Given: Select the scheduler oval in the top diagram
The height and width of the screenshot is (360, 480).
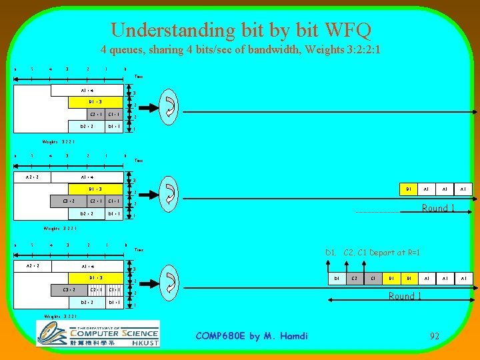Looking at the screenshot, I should tap(169, 105).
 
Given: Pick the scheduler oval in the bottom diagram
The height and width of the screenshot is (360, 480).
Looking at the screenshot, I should tap(169, 281).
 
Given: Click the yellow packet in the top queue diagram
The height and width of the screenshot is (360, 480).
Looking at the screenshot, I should tap(95, 102).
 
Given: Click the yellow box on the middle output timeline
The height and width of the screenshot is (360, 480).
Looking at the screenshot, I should tap(408, 189).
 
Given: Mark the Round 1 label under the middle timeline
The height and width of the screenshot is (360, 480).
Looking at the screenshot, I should tap(438, 208).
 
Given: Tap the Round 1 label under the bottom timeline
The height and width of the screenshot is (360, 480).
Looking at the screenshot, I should tap(405, 296).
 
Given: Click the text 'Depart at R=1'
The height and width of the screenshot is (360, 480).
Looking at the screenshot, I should tap(396, 253).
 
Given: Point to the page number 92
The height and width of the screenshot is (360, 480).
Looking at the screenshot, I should tap(434, 336).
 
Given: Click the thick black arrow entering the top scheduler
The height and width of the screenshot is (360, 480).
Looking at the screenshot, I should tap(149, 105).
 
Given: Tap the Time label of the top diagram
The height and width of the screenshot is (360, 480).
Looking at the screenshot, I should tap(139, 77).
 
